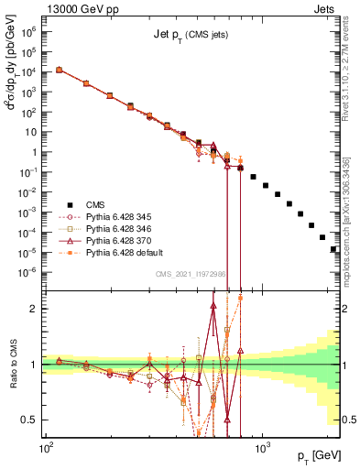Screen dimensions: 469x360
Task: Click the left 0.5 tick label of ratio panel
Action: (x=33, y=420)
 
